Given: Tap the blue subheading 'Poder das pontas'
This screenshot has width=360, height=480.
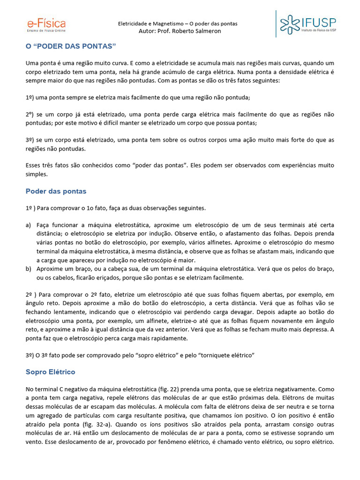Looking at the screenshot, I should (x=56, y=191).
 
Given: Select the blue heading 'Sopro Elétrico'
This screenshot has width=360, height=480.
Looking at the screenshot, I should (x=50, y=372).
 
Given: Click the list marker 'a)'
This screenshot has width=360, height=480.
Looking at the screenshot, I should (x=29, y=225).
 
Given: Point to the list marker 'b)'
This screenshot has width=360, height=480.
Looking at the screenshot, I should (x=29, y=269).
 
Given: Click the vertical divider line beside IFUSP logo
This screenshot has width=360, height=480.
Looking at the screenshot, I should (x=276, y=23).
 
